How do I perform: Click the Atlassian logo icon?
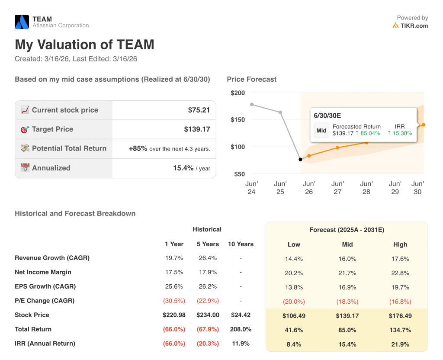pos(22,22)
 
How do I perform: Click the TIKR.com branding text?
pos(414,26)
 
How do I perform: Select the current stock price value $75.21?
pos(199,110)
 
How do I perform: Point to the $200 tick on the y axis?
pos(238,93)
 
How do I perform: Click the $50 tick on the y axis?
pos(239,174)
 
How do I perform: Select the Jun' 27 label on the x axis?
pos(337,188)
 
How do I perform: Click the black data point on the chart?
pos(301,159)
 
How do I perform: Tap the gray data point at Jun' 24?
pos(252,104)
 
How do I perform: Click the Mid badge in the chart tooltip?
pos(321,130)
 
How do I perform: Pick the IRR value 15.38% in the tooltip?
pos(400,133)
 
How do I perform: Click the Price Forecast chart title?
pos(251,80)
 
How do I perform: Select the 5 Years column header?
pos(208,244)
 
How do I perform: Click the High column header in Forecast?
pos(400,244)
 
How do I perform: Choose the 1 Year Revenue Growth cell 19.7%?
pos(174,258)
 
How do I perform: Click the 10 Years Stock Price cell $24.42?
pos(241,315)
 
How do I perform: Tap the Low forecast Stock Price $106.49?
pos(294,316)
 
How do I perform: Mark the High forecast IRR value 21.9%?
pos(400,344)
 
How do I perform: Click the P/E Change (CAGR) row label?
pos(45,301)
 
